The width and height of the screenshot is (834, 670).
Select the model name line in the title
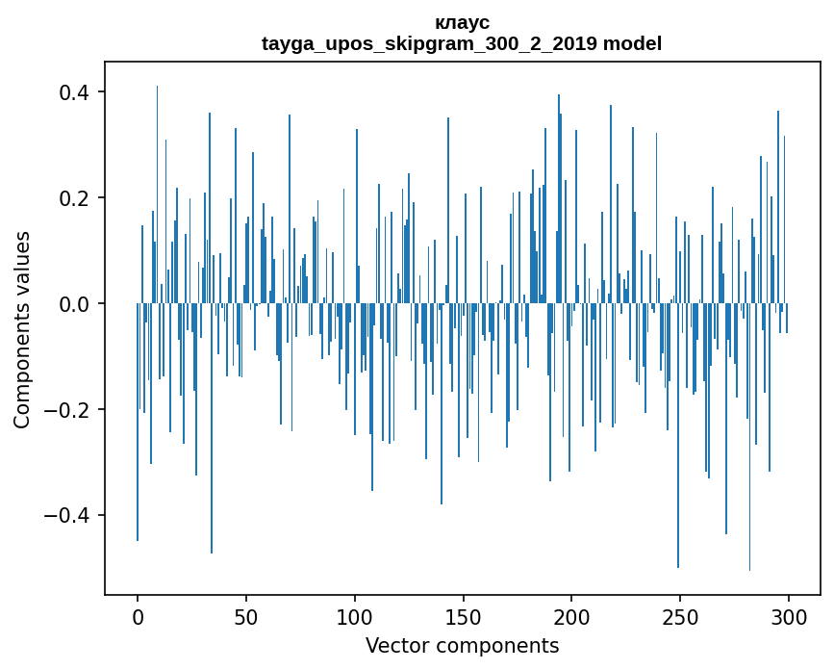coord(462,43)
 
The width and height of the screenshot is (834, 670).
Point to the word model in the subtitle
coord(632,43)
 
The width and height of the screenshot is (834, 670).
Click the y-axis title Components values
coord(22,329)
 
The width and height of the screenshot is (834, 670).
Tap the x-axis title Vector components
coord(462,645)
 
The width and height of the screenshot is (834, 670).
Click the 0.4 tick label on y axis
coord(72,92)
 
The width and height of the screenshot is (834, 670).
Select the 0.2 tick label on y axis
coord(72,198)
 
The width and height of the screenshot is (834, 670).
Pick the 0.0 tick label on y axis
coord(72,304)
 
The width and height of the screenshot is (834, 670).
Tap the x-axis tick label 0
coord(138,615)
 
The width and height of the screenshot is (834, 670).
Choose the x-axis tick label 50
coord(246,615)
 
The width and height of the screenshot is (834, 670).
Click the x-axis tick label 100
coord(355,615)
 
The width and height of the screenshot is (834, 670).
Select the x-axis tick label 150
coord(464,615)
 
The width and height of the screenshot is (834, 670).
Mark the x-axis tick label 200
coord(572,615)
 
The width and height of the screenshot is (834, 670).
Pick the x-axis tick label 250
coord(681,615)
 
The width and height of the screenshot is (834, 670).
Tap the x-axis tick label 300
coord(790,615)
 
